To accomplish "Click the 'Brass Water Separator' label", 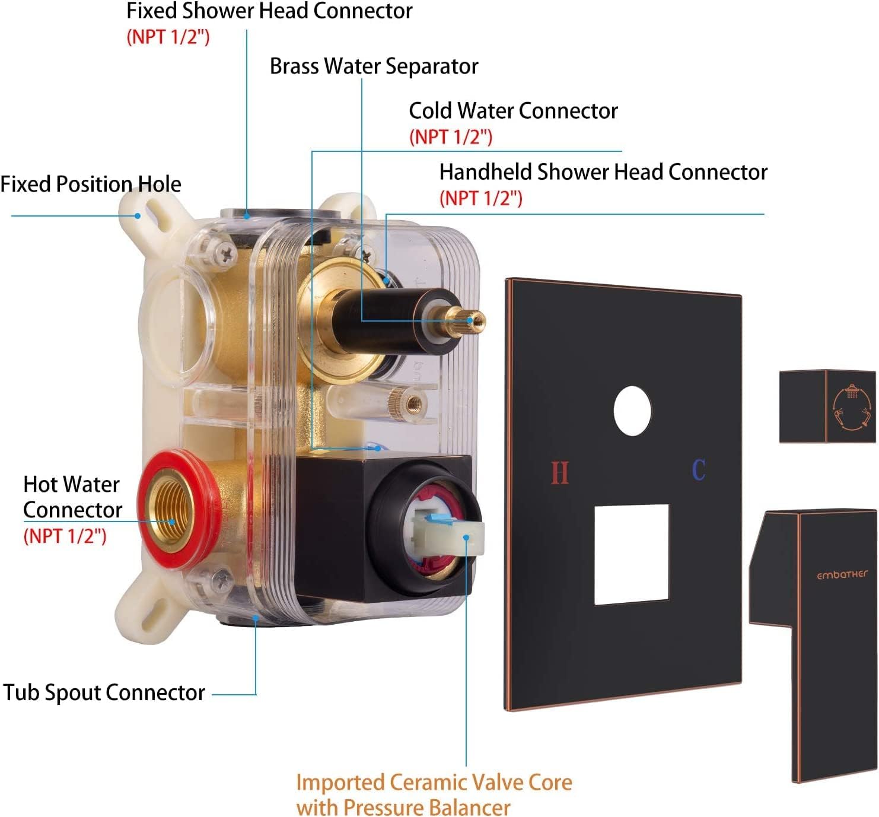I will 374,66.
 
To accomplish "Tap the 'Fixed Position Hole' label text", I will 91,184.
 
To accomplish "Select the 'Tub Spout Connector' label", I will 104,692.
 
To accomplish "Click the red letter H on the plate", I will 559,473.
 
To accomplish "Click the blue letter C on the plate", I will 699,470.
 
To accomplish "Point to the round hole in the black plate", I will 632,411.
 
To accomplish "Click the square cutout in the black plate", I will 631,554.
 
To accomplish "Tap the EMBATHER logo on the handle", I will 842,574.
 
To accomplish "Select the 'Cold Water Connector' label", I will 513,111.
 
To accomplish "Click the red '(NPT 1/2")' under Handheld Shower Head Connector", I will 480,198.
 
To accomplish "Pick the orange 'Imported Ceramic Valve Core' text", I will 434,782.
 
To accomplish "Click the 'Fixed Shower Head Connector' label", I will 269,11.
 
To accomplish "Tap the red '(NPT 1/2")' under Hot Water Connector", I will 65,536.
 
